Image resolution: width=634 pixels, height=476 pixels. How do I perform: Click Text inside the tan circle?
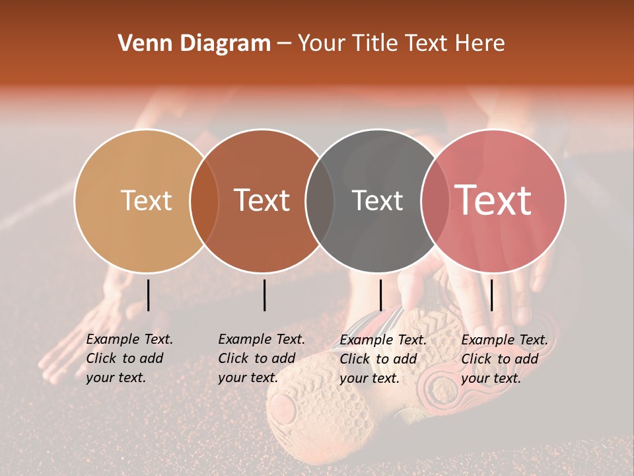146,200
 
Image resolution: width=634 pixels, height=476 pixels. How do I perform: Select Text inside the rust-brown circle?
262,200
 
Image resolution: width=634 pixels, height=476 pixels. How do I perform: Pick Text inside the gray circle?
377,200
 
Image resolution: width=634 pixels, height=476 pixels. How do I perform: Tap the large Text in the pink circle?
493,200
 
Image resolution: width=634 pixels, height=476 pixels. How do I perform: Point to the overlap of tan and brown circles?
204,200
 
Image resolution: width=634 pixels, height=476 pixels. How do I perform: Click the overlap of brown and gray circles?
320,200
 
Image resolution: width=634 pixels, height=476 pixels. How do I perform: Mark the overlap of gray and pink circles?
435,200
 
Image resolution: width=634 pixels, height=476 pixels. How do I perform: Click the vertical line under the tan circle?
149,295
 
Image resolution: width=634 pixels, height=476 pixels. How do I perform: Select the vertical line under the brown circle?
264,295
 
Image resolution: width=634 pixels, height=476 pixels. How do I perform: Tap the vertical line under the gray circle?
381,295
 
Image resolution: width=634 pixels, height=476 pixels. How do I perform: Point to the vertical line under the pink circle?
491,295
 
